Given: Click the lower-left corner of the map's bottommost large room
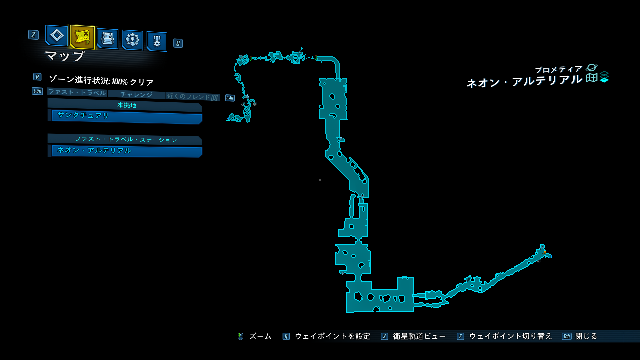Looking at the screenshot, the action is tap(346, 313).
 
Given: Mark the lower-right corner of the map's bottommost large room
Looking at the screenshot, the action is tap(413, 312).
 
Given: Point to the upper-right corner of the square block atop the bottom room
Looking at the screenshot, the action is tap(413, 277).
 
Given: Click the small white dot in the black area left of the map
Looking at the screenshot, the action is tap(320, 180).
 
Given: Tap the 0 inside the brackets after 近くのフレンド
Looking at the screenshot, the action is tap(214, 98).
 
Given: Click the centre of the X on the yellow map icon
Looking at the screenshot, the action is tap(86, 33).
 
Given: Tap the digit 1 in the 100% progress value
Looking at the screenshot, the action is tap(113, 82).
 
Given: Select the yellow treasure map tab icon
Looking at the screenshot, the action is tap(82, 37).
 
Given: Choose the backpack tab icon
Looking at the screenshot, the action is tap(107, 39).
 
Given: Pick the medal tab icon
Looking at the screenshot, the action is tap(157, 41).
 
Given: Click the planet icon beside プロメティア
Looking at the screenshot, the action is tap(592, 68).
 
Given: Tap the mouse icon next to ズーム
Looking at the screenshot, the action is tap(240, 336).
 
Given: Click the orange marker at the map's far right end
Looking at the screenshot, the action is tap(544, 252).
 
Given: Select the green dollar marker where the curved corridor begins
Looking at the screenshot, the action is tap(315, 58).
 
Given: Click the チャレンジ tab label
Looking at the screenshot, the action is tap(136, 95).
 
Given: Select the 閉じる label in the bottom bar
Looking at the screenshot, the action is tap(586, 336).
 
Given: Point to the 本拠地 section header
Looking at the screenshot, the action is tap(127, 105).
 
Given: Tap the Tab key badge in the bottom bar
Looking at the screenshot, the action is tap(567, 336).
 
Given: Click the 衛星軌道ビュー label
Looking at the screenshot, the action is tap(419, 336).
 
